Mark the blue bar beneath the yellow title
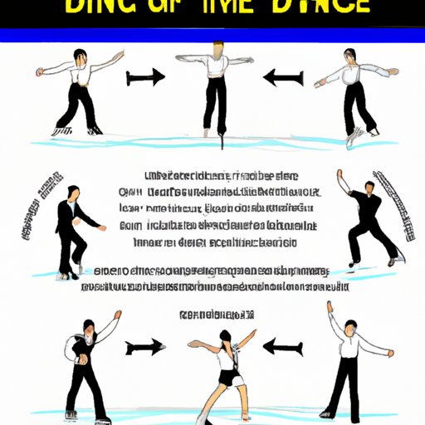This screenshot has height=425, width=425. coord(212,36)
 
